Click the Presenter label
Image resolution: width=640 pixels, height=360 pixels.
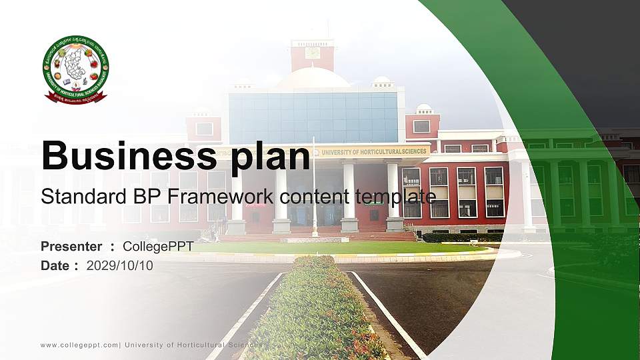pos(71,247)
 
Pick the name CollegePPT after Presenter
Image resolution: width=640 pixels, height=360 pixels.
pos(158,247)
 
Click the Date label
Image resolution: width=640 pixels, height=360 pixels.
pos(56,265)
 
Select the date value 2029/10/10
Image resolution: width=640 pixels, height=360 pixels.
pos(119,265)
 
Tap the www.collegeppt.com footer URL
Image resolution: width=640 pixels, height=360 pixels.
pos(79,345)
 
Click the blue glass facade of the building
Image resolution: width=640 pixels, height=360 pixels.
pos(313,117)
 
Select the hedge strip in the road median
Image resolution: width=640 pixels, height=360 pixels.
pos(313,313)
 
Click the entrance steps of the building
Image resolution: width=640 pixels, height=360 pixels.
pos(313,236)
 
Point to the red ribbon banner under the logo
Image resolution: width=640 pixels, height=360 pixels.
pos(75,98)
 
